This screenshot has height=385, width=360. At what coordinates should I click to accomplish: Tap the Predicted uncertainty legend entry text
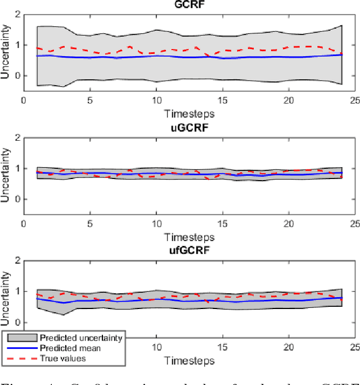pyautogui.click(x=81, y=338)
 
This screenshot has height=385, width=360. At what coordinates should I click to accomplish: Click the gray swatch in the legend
pyautogui.click(x=21, y=338)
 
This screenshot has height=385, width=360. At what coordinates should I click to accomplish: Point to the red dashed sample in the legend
pyautogui.click(x=21, y=358)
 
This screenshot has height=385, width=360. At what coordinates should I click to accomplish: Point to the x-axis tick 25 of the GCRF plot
pyautogui.click(x=355, y=100)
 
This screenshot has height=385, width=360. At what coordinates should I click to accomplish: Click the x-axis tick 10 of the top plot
pyautogui.click(x=156, y=100)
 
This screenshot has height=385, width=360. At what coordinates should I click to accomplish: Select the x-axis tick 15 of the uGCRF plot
pyautogui.click(x=222, y=223)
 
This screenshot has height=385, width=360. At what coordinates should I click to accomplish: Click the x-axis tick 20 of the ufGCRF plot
pyautogui.click(x=289, y=347)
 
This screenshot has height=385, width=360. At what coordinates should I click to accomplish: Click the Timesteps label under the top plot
pyautogui.click(x=189, y=113)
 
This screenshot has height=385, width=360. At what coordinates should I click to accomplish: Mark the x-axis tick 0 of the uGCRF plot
pyautogui.click(x=24, y=223)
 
